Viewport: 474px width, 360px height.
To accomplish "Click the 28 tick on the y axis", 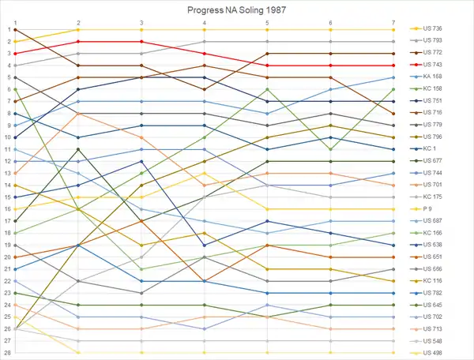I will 6,353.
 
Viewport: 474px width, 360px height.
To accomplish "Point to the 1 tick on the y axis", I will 6,29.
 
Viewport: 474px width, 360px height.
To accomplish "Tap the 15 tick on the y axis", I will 6,197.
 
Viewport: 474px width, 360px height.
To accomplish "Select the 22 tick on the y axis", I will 6,281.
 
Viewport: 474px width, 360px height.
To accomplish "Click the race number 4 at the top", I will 204,22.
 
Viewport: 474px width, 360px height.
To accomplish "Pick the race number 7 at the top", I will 393,22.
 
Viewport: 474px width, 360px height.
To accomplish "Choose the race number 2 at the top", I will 78,22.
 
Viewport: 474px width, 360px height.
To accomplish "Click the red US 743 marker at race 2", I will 78,41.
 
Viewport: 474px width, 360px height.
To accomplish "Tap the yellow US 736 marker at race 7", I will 393,29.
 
